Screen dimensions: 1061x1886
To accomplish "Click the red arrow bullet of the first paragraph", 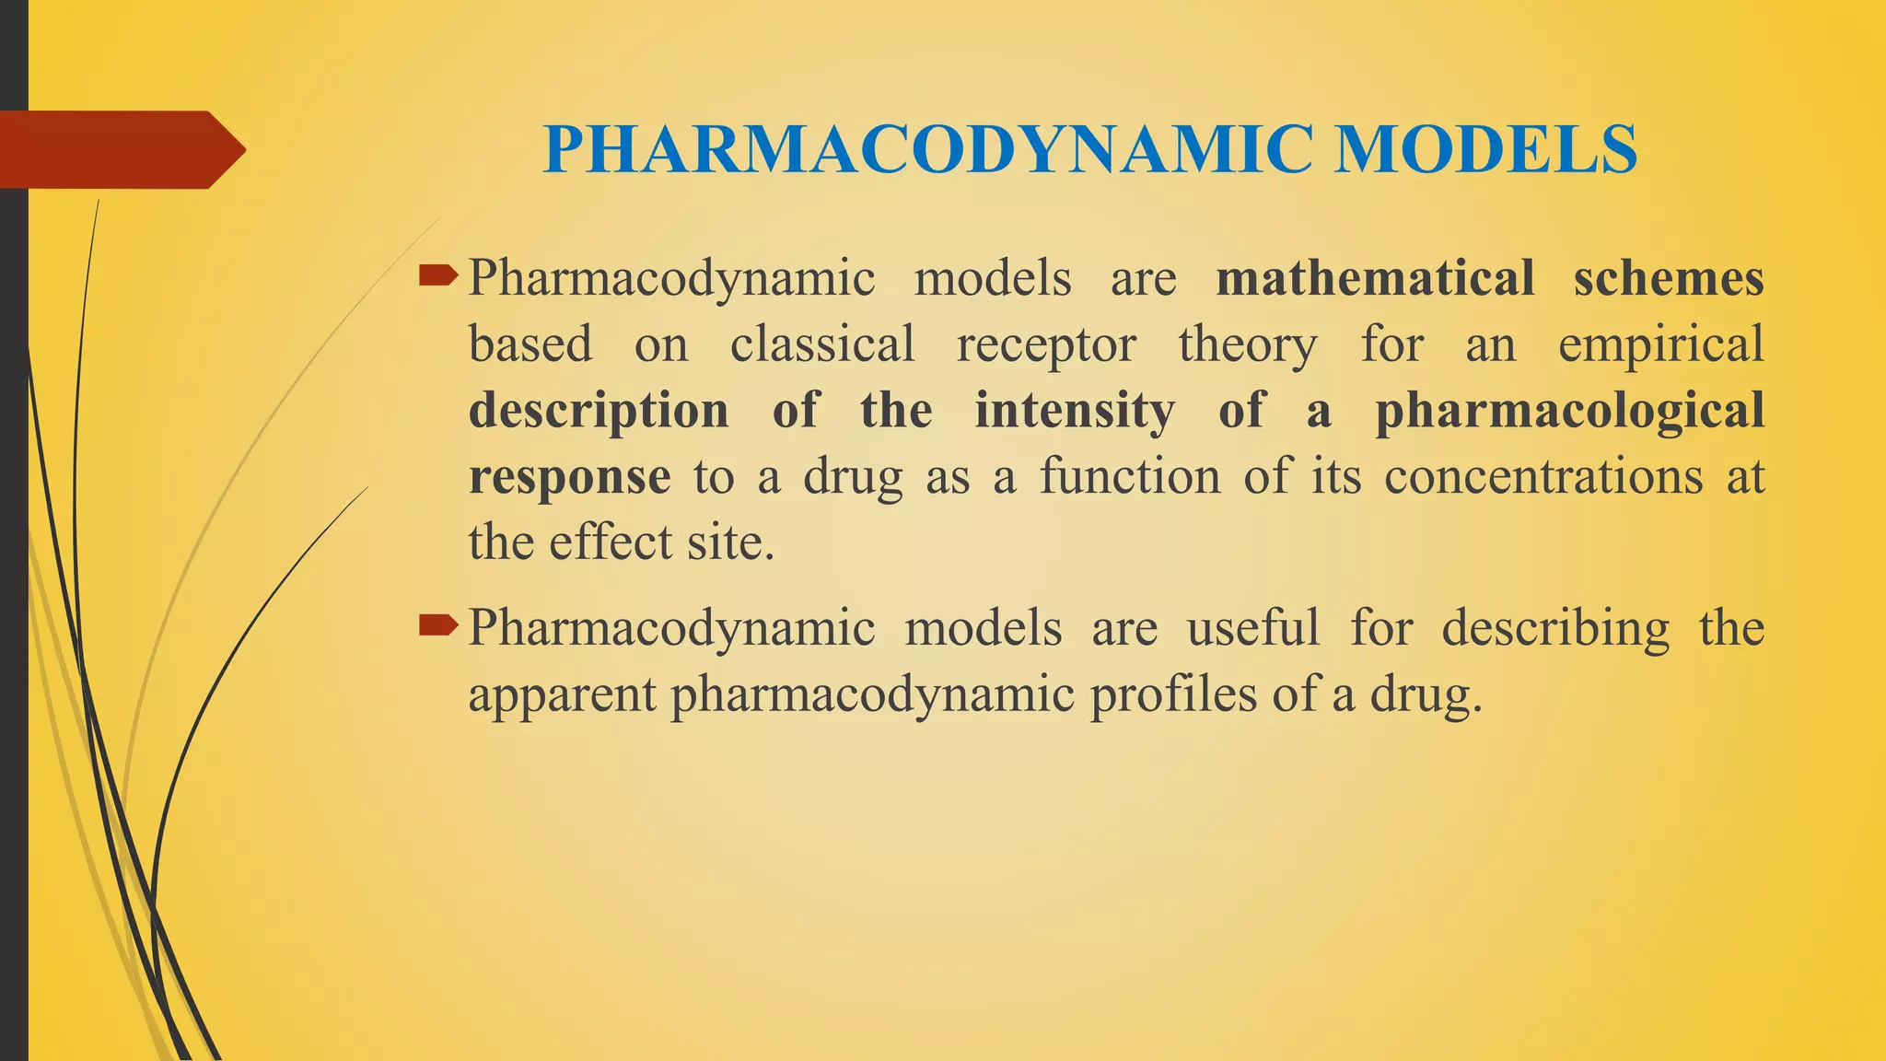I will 438,274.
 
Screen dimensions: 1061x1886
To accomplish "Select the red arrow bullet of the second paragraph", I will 438,627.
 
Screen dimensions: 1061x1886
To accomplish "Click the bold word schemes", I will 1669,278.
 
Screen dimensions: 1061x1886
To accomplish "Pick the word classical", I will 822,344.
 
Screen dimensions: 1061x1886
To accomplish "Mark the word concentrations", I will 1543,477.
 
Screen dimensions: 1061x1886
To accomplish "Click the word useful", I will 1253,628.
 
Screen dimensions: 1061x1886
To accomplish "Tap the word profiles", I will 1173,694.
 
